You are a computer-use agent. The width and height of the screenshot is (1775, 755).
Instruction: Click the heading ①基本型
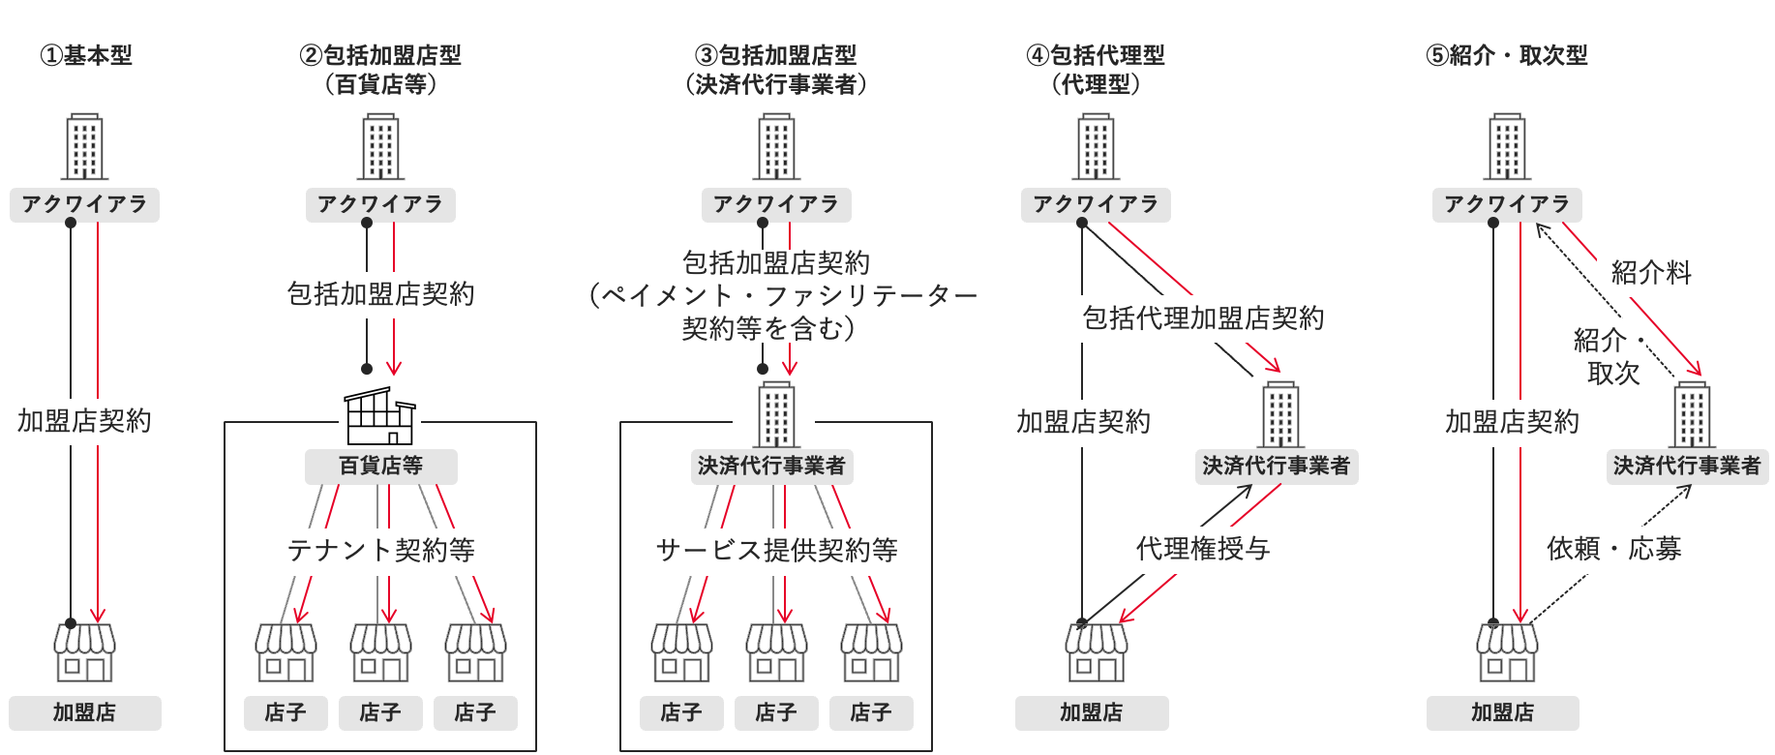(x=85, y=55)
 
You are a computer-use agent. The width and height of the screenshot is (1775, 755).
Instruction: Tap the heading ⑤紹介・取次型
(x=1507, y=55)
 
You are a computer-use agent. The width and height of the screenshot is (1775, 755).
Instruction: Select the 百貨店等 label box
(x=380, y=466)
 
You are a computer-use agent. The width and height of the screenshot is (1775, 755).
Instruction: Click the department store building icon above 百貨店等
(x=380, y=416)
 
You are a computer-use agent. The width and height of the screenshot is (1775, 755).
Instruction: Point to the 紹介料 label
(x=1651, y=273)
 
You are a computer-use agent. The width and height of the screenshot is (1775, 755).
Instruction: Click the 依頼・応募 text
(x=1613, y=549)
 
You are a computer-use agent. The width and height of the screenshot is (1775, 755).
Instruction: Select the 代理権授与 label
(x=1202, y=549)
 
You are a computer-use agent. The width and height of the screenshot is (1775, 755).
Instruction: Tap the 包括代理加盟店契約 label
(x=1202, y=317)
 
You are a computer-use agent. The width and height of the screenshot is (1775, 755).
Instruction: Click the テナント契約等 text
(x=380, y=550)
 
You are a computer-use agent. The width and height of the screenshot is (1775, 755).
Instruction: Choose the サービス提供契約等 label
(x=776, y=550)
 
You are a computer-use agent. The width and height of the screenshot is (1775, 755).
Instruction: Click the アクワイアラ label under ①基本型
(x=85, y=204)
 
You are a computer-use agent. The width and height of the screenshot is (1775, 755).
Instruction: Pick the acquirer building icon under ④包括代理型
(x=1096, y=147)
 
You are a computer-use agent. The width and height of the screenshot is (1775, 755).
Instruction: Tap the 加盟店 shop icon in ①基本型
(x=84, y=652)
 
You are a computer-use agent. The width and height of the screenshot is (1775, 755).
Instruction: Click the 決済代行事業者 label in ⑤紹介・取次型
(x=1686, y=466)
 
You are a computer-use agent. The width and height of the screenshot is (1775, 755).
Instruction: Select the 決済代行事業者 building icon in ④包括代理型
(x=1280, y=415)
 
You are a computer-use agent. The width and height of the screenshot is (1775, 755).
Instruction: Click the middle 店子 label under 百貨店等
(x=380, y=712)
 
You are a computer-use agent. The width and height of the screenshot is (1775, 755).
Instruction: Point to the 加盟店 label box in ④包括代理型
(x=1091, y=712)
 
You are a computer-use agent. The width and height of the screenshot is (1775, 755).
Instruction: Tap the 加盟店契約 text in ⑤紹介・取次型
(x=1512, y=421)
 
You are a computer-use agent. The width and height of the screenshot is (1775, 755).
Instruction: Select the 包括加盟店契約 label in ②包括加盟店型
(x=380, y=293)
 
